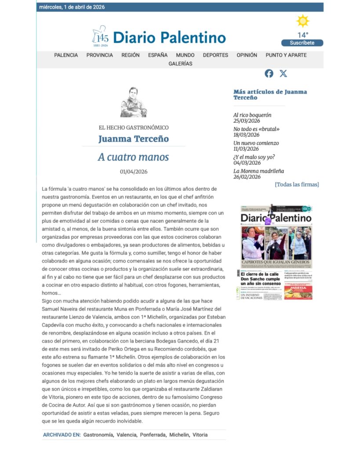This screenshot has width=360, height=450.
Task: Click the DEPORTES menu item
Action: pos(215,55)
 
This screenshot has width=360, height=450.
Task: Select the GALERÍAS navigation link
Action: pos(180,64)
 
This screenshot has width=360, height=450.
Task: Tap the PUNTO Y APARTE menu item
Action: pos(286,55)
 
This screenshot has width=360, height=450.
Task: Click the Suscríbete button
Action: pos(302,43)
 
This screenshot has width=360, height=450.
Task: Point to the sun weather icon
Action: pos(303,21)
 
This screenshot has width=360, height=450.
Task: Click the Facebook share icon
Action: pos(269,74)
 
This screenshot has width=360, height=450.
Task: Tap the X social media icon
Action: pos(284,74)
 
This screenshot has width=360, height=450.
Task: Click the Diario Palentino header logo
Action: pos(159,37)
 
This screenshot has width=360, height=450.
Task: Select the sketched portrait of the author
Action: pos(133,102)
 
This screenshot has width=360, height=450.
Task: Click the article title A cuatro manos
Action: pos(133,157)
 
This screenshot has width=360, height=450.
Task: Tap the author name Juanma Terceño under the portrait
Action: pos(133,139)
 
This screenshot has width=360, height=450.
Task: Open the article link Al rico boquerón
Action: pos(252,115)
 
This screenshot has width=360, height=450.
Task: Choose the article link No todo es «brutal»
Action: pos(256,129)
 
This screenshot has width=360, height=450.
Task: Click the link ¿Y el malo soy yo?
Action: pos(254,157)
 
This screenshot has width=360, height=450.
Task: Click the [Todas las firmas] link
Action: pos(297,185)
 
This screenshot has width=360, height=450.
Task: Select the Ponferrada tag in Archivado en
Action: pos(153,435)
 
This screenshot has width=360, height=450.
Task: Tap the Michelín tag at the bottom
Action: pos(179,435)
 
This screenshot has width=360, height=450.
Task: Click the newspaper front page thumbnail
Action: pos(276,252)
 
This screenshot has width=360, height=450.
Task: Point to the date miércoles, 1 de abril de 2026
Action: pos(72,7)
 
